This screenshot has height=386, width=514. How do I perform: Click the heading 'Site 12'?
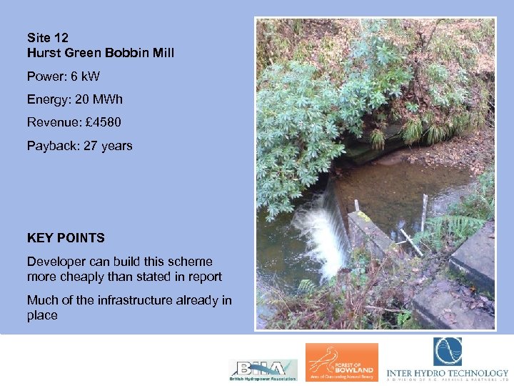pyautogui.click(x=48, y=37)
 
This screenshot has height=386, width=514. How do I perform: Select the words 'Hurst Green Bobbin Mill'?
pyautogui.click(x=101, y=53)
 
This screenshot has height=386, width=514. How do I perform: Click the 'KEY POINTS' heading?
pyautogui.click(x=66, y=238)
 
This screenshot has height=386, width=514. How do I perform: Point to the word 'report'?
pyautogui.click(x=204, y=277)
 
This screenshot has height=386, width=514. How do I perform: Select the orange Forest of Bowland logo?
pyautogui.click(x=342, y=362)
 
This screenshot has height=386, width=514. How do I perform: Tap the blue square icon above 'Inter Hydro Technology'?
pyautogui.click(x=447, y=352)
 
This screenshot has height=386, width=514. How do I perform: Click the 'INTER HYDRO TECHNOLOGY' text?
pyautogui.click(x=447, y=373)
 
